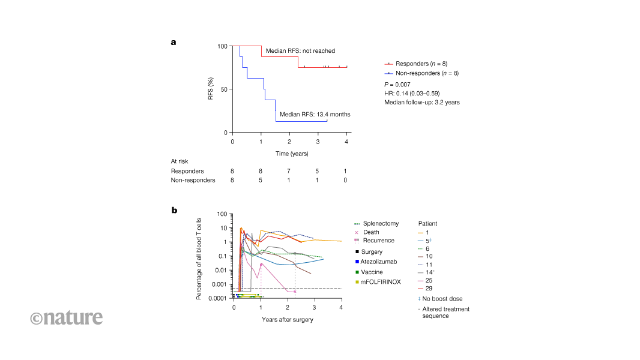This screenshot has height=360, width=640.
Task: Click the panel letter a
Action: [174, 42]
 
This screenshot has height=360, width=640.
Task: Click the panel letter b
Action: [174, 210]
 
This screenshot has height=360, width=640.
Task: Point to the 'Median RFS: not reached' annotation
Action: [300, 51]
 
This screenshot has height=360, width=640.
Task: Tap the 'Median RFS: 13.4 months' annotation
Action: [315, 114]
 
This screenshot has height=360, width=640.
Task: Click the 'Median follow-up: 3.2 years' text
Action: [422, 103]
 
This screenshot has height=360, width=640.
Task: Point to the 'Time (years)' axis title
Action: [292, 154]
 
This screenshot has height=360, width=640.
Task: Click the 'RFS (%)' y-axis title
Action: [211, 89]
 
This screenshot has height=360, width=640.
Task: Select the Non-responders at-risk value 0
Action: [345, 180]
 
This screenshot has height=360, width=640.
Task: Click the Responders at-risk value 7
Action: [289, 171]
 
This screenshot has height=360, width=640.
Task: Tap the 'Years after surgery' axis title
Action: [287, 319]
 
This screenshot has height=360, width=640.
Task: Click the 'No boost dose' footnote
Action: [441, 298]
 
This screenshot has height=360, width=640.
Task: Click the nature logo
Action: [66, 317]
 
